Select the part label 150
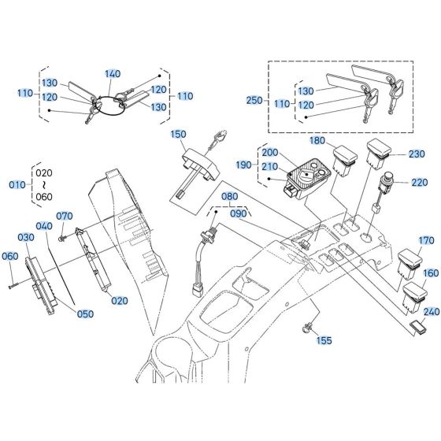[177, 134]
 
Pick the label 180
[317, 142]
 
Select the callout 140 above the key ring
[113, 73]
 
